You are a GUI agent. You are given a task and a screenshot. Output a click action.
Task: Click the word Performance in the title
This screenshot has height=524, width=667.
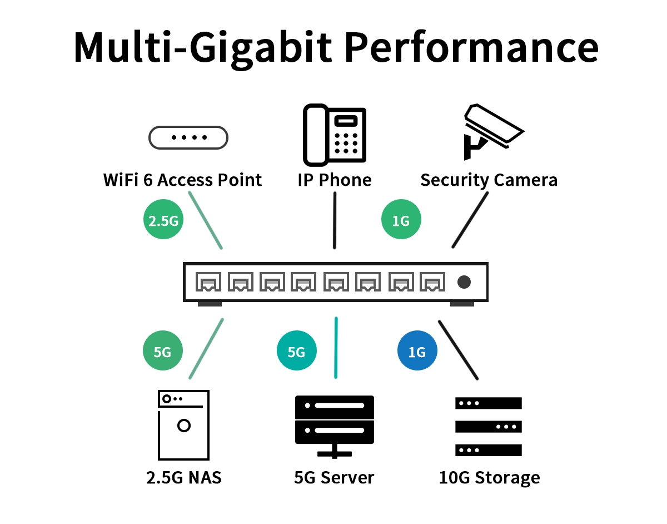(471, 47)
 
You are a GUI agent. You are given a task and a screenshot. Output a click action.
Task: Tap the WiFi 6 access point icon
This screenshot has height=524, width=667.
(188, 137)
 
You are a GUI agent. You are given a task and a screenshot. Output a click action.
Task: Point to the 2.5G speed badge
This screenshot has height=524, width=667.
(163, 221)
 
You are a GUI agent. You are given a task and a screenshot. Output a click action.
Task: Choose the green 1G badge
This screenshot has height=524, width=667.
(401, 221)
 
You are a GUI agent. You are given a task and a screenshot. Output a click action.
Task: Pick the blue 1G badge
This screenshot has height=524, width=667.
(417, 352)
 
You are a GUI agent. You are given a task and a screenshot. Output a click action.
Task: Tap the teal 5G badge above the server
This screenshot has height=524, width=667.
(296, 352)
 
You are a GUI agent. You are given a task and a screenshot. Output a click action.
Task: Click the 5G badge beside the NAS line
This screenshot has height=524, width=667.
(162, 352)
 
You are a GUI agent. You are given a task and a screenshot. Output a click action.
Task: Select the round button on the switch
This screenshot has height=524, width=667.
(464, 283)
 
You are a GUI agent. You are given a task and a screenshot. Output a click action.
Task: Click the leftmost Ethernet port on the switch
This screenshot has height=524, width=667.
(208, 283)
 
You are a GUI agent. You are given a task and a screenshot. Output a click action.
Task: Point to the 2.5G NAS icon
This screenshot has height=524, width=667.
(183, 425)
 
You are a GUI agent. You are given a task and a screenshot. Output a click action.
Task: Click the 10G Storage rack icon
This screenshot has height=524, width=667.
(489, 427)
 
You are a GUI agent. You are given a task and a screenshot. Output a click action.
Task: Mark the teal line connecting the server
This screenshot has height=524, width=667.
(336, 348)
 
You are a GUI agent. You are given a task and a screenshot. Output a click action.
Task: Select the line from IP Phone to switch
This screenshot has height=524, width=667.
(335, 220)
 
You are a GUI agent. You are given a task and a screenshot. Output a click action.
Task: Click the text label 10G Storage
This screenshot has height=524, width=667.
(489, 478)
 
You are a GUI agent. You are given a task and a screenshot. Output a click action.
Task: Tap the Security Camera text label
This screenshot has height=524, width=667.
(489, 180)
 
